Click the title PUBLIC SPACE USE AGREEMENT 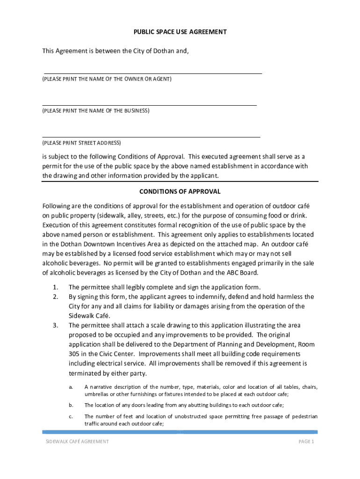point(180,32)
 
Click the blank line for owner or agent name point(152,73)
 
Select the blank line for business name point(150,105)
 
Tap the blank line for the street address point(151,137)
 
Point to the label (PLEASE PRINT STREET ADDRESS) point(81,143)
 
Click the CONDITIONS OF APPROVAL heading point(180,192)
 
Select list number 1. point(55,287)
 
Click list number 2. point(55,297)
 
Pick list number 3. point(55,325)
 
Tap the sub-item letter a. point(71,387)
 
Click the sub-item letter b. point(71,405)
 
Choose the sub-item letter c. point(71,416)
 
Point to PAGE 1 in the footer point(306,442)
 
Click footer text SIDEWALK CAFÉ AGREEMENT point(77,442)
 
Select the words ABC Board point(241,273)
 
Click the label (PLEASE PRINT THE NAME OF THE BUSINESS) point(96,111)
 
